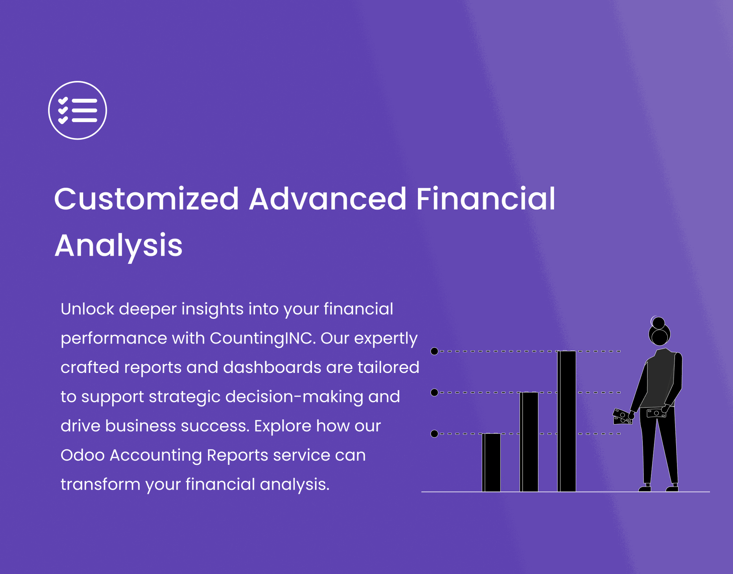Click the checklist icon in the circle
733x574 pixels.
click(x=77, y=110)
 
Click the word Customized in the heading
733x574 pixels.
click(x=147, y=199)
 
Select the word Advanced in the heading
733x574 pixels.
click(x=328, y=199)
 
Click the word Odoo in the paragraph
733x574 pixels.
click(x=82, y=455)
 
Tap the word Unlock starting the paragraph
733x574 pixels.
click(x=87, y=309)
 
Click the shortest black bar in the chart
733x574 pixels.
click(x=491, y=463)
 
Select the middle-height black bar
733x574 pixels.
click(x=529, y=442)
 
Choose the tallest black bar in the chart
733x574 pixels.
click(x=567, y=421)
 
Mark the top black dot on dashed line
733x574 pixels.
click(x=434, y=351)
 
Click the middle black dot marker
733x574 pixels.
click(x=434, y=392)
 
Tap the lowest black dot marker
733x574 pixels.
click(x=434, y=434)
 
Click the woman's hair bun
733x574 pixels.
click(x=658, y=323)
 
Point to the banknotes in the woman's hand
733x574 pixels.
click(x=623, y=416)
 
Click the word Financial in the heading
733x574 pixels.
click(x=486, y=199)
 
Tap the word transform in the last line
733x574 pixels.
click(x=100, y=485)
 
